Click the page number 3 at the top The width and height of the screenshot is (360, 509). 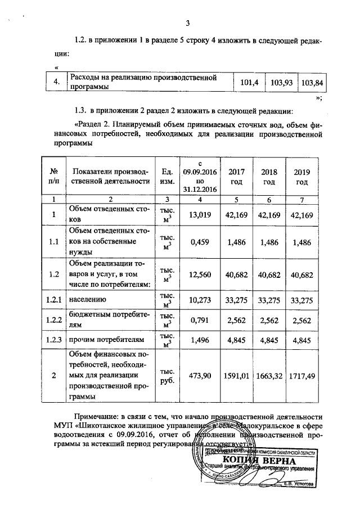pos(188,23)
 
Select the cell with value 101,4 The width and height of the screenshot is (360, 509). pos(249,83)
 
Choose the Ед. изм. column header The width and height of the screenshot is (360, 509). pos(166,175)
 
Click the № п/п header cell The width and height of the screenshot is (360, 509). pos(55,175)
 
